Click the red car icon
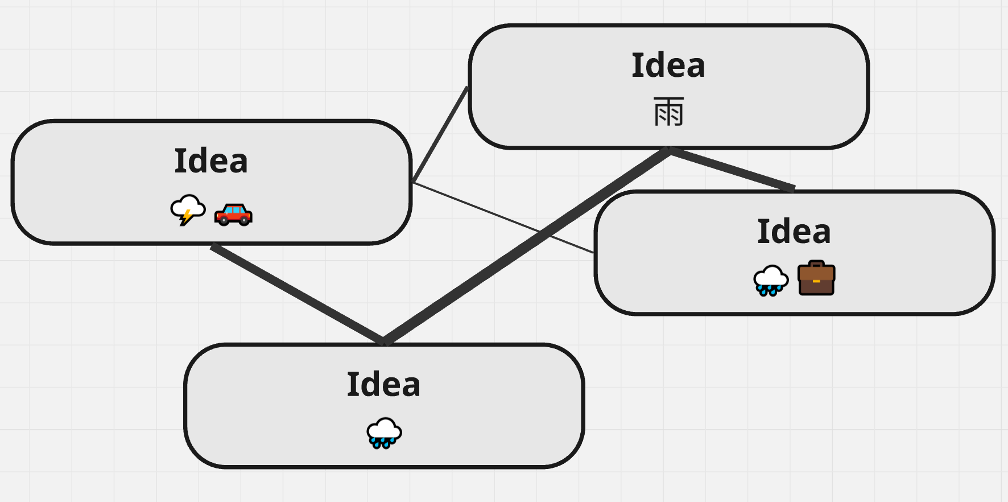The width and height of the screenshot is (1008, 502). click(x=233, y=215)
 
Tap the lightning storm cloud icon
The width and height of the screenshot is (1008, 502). click(x=188, y=209)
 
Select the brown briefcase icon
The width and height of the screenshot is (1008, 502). click(x=816, y=278)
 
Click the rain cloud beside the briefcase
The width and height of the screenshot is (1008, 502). click(x=771, y=280)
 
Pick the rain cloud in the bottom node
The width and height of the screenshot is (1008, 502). click(x=384, y=433)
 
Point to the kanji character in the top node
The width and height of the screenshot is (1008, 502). click(x=668, y=112)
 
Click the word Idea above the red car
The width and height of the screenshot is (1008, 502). click(x=211, y=161)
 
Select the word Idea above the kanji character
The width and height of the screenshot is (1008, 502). click(x=668, y=65)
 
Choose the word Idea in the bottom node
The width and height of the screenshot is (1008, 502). click(x=384, y=384)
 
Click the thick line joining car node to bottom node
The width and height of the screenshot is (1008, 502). click(x=296, y=293)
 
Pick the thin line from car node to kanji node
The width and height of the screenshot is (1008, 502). click(x=440, y=135)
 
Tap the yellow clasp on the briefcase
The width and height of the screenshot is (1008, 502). click(x=816, y=281)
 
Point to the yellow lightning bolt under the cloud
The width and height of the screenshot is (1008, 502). click(x=186, y=217)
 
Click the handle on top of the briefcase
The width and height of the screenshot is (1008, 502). click(x=816, y=264)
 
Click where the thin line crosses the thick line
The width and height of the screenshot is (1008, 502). click(x=540, y=232)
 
